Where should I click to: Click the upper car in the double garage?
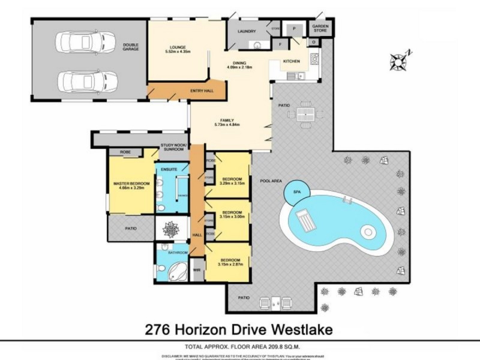(86, 42)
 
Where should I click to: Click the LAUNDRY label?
(247, 31)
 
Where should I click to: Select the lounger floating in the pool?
(306, 221)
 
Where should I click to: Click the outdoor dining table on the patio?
(305, 114)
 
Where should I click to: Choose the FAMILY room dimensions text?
(227, 125)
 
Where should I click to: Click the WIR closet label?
(196, 270)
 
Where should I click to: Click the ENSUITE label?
(169, 170)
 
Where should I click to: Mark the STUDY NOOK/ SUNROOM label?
(174, 148)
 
